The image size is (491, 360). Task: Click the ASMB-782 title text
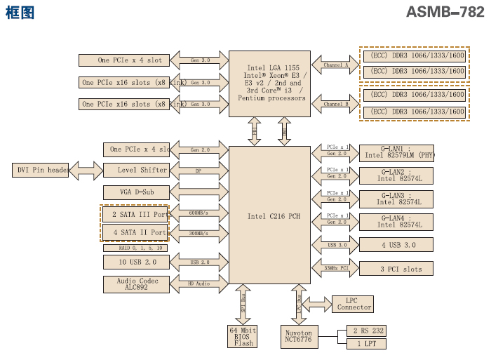(445, 13)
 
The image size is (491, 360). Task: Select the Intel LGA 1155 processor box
(270, 83)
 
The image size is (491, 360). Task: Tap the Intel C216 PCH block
(270, 216)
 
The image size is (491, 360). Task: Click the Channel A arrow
(335, 65)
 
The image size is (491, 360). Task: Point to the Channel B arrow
(335, 104)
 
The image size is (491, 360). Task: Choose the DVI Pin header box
(41, 170)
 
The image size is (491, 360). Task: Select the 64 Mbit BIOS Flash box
(244, 336)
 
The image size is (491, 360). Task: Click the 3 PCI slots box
(396, 268)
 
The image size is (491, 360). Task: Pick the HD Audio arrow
(199, 284)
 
